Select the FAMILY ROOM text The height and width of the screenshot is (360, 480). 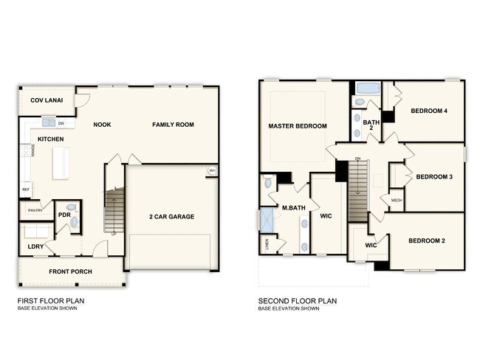tap(173, 125)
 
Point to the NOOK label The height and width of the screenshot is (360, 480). tap(102, 125)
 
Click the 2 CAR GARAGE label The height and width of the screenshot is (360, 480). tap(172, 216)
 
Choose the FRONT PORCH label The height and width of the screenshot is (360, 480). tap(70, 271)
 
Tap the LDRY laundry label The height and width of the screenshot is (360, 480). tap(34, 246)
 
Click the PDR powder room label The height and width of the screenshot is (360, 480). tap(64, 215)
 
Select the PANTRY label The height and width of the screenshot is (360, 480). tap(35, 210)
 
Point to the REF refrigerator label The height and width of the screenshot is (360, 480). tap(26, 190)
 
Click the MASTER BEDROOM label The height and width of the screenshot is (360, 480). tap(297, 126)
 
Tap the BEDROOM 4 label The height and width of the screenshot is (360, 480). tap(429, 111)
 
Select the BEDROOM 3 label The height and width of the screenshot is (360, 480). tap(434, 176)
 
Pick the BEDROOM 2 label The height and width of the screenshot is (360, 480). tap(427, 240)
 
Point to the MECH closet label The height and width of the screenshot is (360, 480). tap(396, 200)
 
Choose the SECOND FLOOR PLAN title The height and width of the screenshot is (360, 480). tap(297, 301)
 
